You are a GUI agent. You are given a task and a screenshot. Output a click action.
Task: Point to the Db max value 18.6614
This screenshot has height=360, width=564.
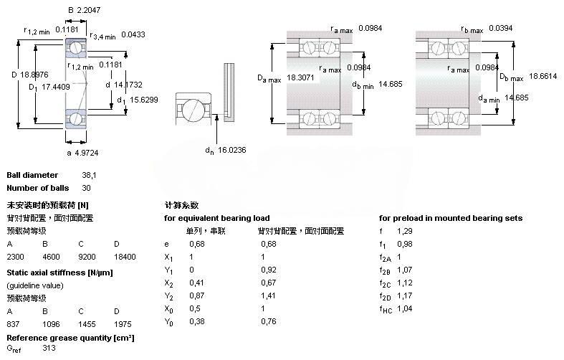(x=543, y=75)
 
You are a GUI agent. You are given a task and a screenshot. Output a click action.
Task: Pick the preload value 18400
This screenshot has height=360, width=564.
(x=124, y=256)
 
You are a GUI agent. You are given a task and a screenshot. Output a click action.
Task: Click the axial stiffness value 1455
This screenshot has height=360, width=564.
(x=87, y=324)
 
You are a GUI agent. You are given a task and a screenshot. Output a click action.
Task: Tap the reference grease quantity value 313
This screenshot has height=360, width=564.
(x=49, y=349)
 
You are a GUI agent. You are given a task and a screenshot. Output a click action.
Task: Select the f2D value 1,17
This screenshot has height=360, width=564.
(x=405, y=295)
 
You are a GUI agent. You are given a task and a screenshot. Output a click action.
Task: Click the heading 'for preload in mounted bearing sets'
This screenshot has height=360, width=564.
(x=451, y=218)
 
